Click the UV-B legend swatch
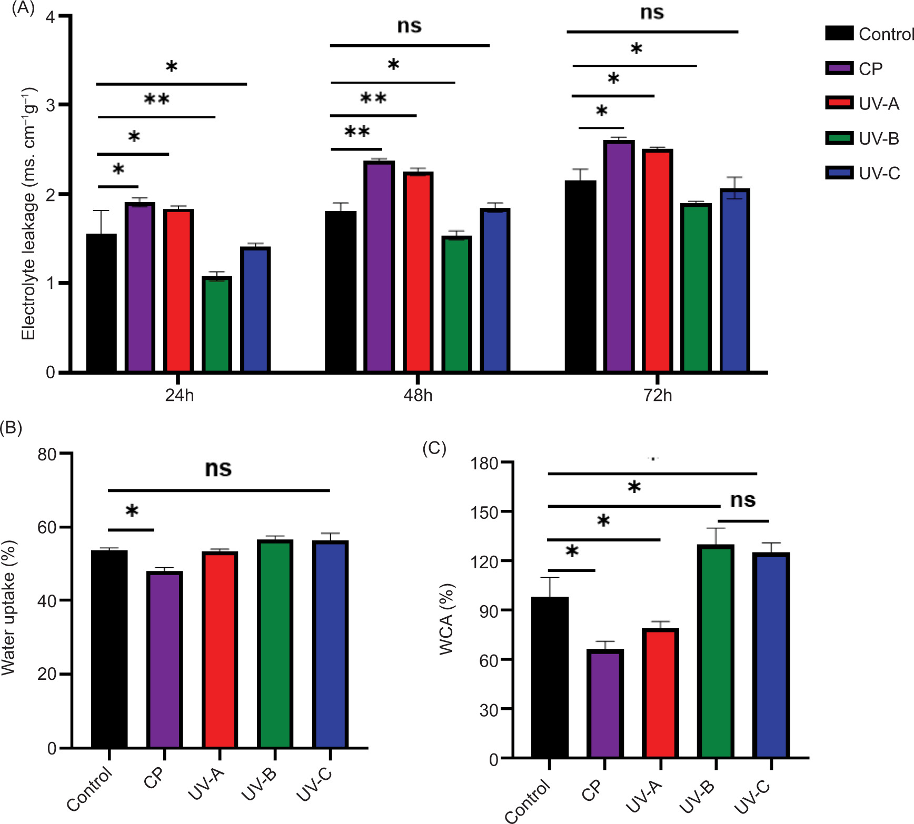point(839,138)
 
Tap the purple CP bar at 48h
point(380,266)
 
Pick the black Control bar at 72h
point(580,276)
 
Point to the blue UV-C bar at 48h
point(495,290)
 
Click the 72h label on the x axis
point(658,396)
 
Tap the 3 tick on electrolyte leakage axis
point(51,105)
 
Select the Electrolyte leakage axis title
point(28,213)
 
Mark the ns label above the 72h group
point(652,12)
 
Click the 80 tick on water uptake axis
point(47,454)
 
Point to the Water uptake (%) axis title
point(9,608)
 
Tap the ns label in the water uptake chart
point(218,468)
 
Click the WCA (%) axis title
point(446,619)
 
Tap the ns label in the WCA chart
point(743,500)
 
